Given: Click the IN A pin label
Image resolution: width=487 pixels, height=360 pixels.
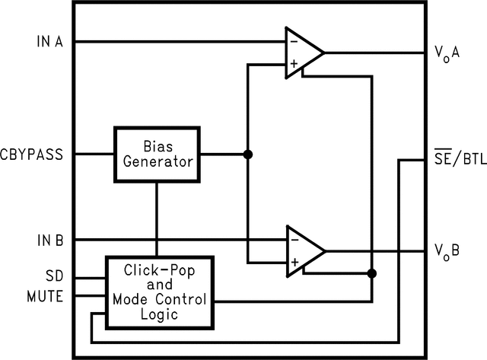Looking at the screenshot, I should (50, 41).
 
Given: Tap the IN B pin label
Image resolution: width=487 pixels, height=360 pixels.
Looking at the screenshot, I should (50, 240).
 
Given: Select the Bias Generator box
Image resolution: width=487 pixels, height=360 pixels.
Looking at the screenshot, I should (158, 154).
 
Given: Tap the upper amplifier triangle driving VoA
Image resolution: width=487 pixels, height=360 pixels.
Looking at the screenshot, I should (302, 53).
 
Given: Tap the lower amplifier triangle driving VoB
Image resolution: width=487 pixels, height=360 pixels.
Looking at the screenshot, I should (302, 250).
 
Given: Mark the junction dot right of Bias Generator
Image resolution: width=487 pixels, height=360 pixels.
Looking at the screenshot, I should (247, 155).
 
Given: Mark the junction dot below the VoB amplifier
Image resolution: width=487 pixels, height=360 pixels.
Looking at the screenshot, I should (371, 273).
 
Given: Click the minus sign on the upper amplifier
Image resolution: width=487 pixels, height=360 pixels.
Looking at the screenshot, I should (293, 41).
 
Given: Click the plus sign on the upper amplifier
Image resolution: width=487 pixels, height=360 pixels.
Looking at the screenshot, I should (293, 65).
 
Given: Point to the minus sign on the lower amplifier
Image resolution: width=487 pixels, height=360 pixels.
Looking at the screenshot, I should (293, 239).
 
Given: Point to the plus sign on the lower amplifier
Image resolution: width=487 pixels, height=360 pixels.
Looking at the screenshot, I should (293, 263).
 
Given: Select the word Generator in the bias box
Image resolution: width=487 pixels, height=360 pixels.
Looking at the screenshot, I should (158, 161).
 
